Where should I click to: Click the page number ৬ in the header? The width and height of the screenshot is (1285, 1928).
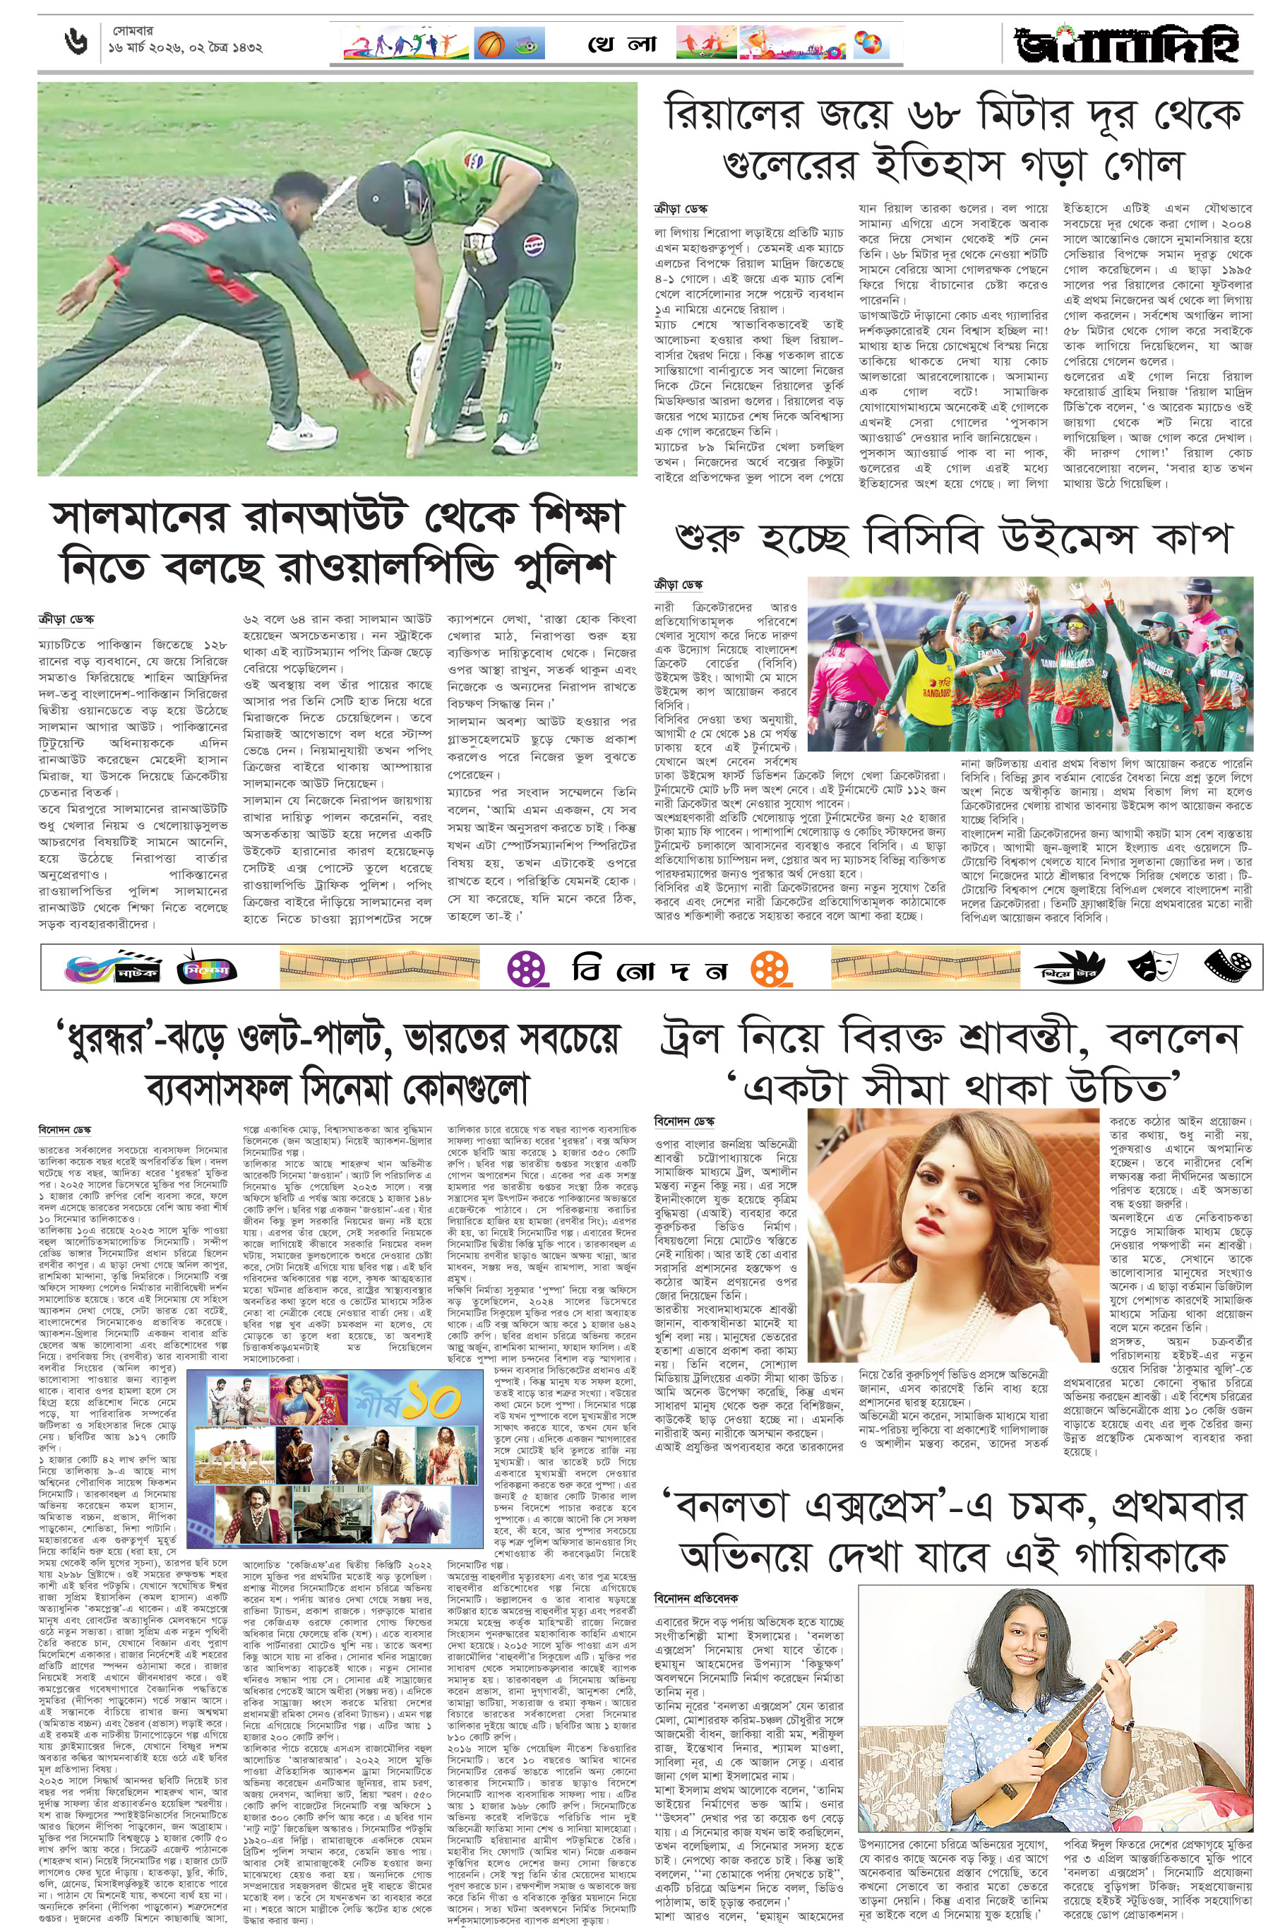coord(76,42)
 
